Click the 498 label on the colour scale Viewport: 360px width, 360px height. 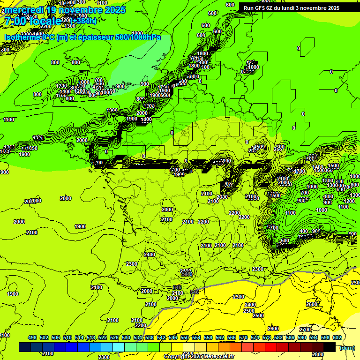(x=32, y=337)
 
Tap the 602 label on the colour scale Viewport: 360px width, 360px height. (x=337, y=337)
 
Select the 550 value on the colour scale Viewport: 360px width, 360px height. (x=185, y=337)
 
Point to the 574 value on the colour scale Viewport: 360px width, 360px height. (x=255, y=337)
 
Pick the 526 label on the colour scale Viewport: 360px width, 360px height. (x=114, y=337)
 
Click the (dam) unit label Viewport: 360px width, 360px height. (x=347, y=347)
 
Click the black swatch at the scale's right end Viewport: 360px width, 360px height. (x=330, y=347)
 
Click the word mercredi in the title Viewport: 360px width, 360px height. (x=23, y=10)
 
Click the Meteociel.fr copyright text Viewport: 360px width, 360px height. (x=199, y=357)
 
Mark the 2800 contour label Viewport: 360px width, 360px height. (x=318, y=354)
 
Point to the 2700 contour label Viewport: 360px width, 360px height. (x=305, y=330)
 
